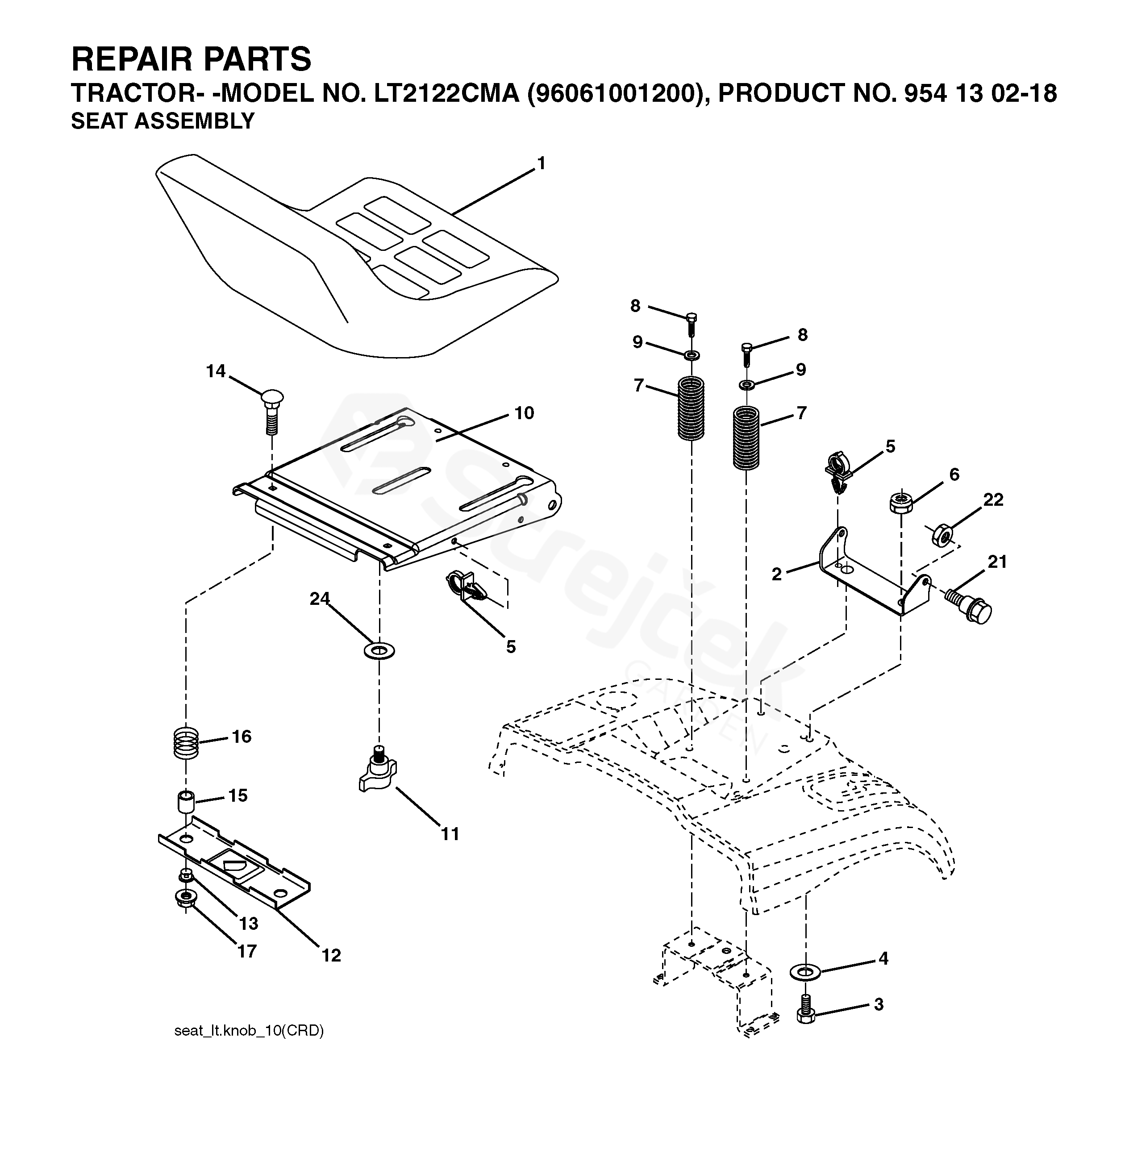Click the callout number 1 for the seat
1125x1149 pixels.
click(x=541, y=164)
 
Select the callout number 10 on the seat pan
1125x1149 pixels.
click(x=524, y=412)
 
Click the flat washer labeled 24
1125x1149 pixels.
click(x=379, y=651)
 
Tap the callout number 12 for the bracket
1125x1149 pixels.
click(x=331, y=955)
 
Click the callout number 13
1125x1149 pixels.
click(x=249, y=923)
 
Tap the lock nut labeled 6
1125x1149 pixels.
click(x=901, y=502)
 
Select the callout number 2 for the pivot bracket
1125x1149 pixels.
click(x=776, y=574)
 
